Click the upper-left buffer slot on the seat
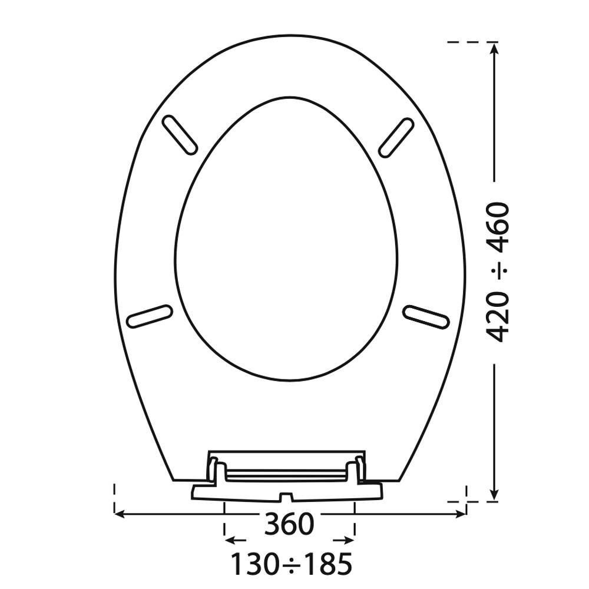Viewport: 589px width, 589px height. [180, 135]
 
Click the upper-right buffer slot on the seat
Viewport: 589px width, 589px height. [396, 137]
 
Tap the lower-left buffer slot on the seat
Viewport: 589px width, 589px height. [150, 316]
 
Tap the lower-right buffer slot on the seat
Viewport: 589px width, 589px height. [426, 317]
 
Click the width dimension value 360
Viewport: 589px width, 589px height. [289, 524]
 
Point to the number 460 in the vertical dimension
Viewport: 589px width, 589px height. [498, 228]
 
